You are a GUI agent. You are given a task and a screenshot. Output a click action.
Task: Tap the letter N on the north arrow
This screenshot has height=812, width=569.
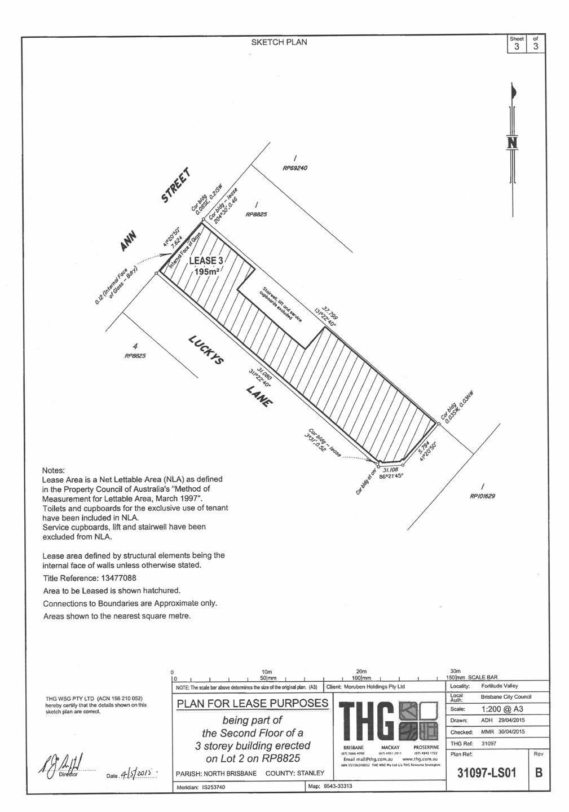[x=512, y=143]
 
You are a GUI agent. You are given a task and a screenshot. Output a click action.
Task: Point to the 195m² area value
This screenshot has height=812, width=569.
[x=206, y=272]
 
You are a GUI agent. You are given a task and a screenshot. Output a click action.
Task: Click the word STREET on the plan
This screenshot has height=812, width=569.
[x=177, y=186]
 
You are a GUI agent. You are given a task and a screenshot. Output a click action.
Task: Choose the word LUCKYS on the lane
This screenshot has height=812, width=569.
[x=205, y=350]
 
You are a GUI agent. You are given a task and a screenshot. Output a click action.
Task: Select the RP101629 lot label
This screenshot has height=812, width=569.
[x=482, y=496]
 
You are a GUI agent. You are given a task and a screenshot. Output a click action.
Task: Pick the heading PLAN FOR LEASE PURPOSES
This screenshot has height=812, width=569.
[x=252, y=703]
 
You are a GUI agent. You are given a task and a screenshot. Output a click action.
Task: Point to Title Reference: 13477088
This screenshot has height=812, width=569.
[x=90, y=578]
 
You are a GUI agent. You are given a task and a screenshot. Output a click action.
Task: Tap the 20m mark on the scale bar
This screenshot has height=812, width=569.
[x=361, y=671]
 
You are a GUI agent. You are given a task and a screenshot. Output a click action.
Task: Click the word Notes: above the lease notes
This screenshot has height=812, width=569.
[x=54, y=470]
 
